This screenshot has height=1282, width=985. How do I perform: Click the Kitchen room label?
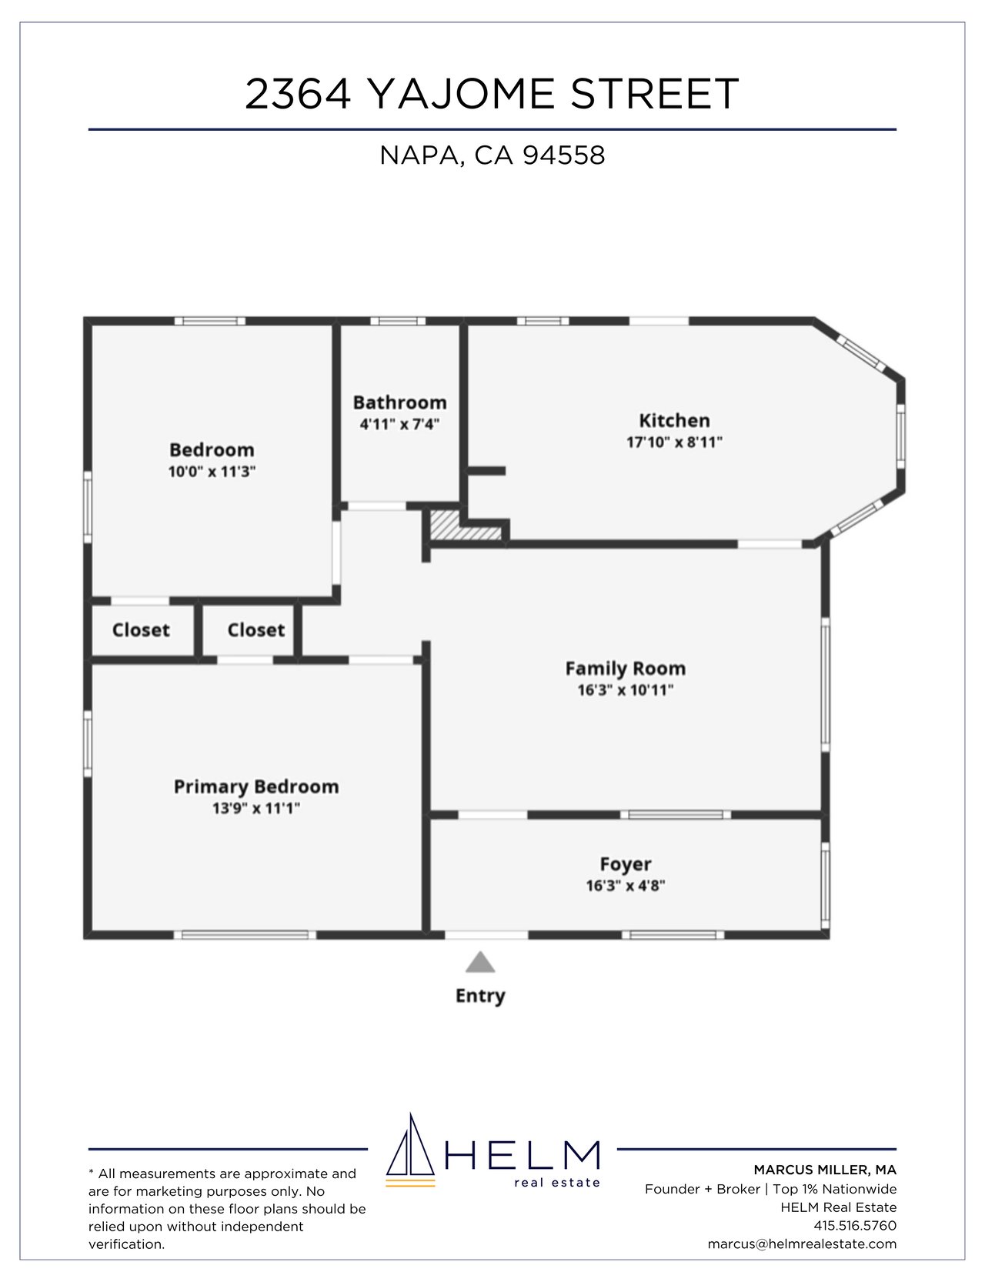(674, 421)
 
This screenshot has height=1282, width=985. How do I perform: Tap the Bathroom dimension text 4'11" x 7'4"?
(399, 424)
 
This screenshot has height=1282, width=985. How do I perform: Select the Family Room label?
(625, 669)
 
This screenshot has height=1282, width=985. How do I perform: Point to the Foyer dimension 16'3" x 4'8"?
(625, 886)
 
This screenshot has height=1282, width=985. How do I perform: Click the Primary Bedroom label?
(256, 787)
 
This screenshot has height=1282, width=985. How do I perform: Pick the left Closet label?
(141, 630)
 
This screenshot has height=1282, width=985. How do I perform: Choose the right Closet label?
(256, 630)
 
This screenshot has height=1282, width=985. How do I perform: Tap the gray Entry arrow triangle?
(480, 963)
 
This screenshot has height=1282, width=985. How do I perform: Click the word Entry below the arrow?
(480, 996)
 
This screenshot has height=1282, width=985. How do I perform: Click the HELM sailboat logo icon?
(411, 1151)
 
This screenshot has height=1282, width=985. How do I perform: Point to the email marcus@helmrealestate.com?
(802, 1244)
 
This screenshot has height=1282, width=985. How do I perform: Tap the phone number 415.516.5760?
(855, 1225)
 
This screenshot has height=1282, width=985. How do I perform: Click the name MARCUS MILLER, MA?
(825, 1170)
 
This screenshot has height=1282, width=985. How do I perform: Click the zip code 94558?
(564, 155)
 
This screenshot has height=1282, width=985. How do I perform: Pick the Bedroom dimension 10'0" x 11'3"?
(212, 472)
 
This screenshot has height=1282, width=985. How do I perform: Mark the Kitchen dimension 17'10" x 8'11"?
(674, 442)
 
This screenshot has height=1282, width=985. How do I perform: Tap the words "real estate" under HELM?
(557, 1183)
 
